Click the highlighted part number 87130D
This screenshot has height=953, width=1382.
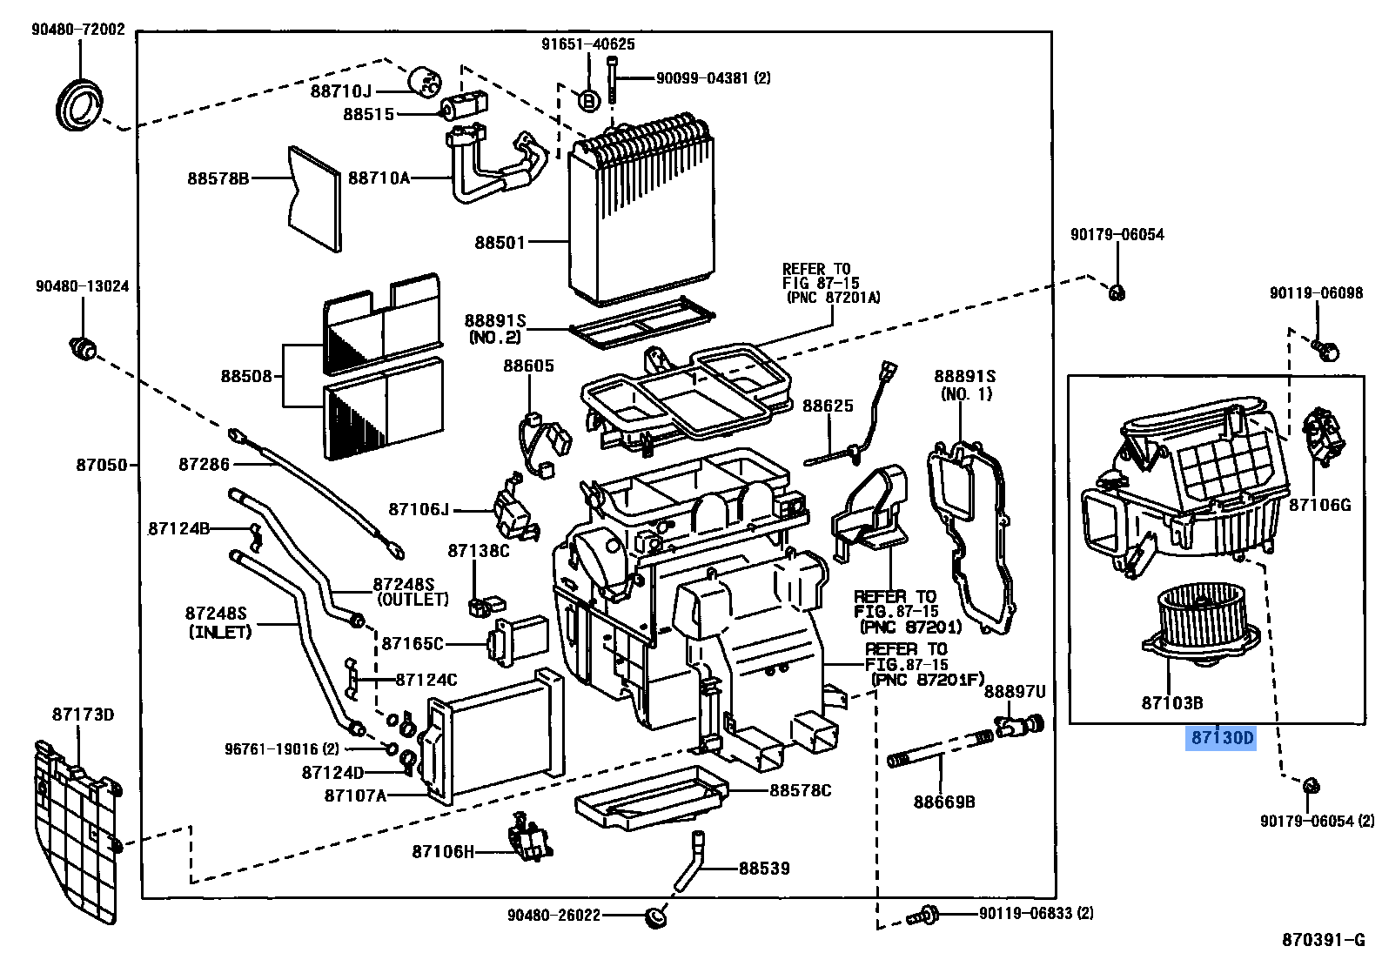point(1222,738)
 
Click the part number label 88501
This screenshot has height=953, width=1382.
point(500,242)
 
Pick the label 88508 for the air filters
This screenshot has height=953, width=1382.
point(245,376)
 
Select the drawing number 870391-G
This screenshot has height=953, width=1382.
point(1323,939)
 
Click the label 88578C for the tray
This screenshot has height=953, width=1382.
point(799,790)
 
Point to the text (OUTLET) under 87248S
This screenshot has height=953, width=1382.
point(413,600)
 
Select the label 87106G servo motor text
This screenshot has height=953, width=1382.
point(1319,505)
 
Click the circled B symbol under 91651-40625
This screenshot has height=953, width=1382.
point(588,101)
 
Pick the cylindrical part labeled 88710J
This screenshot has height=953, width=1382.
point(426,80)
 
